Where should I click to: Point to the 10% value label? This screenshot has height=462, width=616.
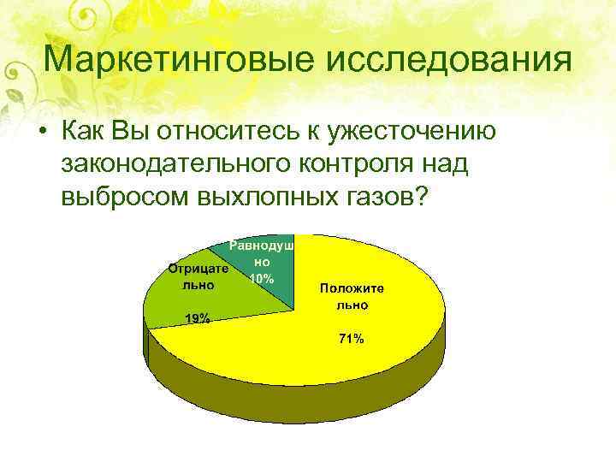(x=261, y=279)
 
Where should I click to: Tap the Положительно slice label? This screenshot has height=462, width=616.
(x=352, y=296)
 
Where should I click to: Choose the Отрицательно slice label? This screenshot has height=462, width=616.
(x=198, y=276)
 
